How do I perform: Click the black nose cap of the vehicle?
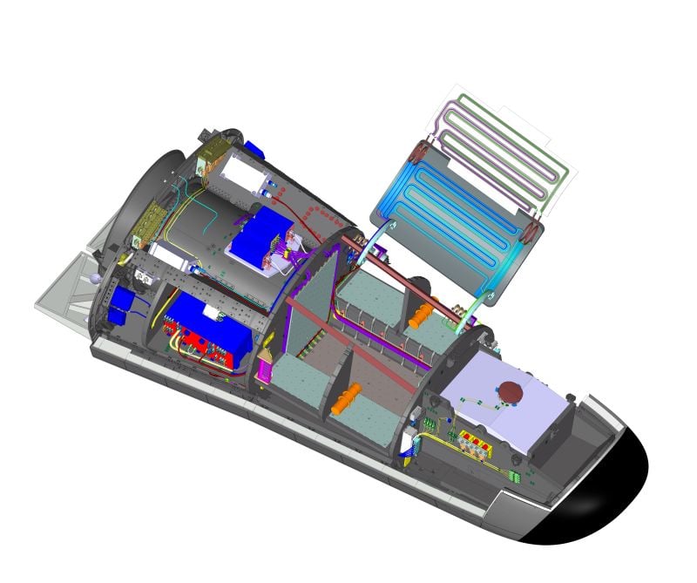click(601, 492)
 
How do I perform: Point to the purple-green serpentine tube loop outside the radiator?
click(514, 139)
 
